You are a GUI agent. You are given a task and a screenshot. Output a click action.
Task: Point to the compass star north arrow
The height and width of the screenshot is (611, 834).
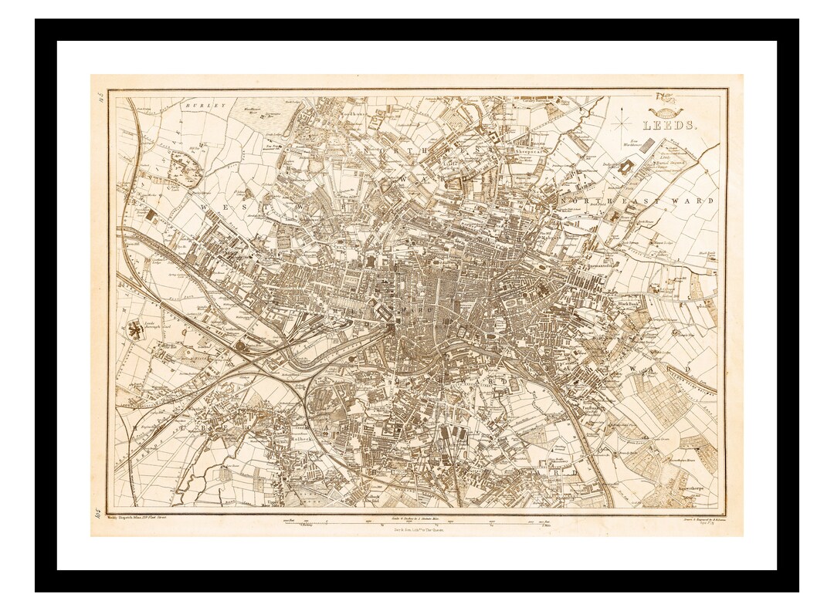tap(623, 121)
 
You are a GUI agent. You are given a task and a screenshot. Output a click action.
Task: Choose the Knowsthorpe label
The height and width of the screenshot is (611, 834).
tap(673, 491)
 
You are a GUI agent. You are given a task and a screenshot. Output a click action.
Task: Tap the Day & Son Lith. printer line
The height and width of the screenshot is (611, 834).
tap(418, 532)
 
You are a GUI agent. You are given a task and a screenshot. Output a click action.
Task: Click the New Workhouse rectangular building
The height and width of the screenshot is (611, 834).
tap(648, 147)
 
